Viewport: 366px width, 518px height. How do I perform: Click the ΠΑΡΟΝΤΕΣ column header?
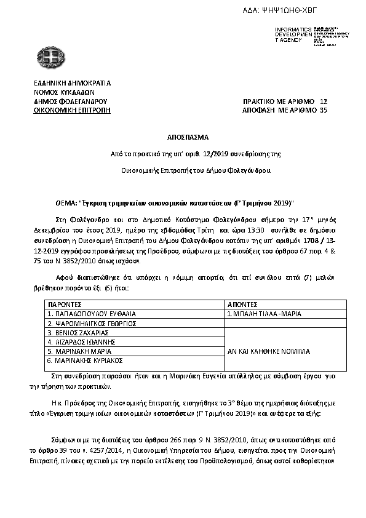tap(65, 304)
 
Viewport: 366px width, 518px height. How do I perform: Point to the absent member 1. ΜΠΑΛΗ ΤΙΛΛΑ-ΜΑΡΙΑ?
tap(265, 313)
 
